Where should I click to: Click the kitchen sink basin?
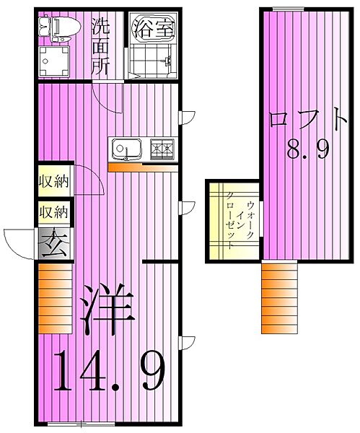coord(127,150)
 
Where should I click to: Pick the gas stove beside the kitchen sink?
coord(163,149)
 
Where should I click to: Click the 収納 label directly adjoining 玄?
coord(53,212)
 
